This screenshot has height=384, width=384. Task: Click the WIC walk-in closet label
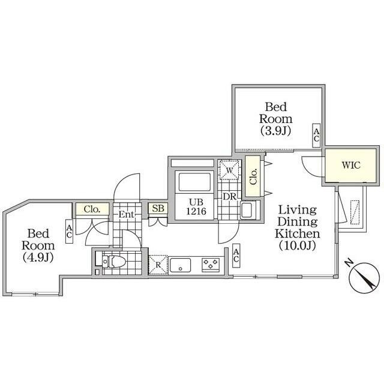click(x=351, y=166)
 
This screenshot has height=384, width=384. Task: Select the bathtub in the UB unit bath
click(x=194, y=182)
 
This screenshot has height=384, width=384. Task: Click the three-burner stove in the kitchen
click(x=211, y=265)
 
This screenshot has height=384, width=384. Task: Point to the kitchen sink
click(x=180, y=265)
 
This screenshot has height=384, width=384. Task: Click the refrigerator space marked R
click(x=158, y=265)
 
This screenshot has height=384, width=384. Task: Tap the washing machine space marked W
click(x=229, y=170)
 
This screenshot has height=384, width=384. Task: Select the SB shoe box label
click(x=158, y=208)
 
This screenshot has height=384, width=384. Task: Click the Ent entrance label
click(x=127, y=215)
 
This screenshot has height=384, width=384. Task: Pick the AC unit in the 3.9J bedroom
click(x=316, y=136)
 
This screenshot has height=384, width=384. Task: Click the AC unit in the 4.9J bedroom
click(x=70, y=231)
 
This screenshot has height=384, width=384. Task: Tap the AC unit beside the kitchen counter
click(x=236, y=256)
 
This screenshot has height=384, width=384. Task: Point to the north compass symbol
click(x=361, y=277)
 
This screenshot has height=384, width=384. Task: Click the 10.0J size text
click(x=298, y=245)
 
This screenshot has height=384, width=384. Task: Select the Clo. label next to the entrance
click(x=92, y=209)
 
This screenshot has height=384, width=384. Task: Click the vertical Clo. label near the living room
click(x=253, y=176)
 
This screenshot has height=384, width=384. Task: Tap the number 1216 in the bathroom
click(x=196, y=211)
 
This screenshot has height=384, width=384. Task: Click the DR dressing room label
click(x=229, y=196)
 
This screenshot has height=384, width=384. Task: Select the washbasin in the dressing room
click(x=248, y=209)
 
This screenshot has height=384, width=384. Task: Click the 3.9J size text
click(x=276, y=131)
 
